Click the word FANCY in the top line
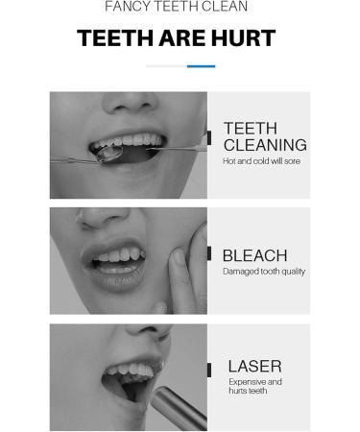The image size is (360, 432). pos(127,7)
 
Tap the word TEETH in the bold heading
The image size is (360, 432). pos(113,38)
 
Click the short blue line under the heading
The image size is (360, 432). pos(201,66)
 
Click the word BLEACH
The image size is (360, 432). pos(254,255)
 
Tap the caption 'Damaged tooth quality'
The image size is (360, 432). pos(264,272)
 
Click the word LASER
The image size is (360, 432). pos(254,366)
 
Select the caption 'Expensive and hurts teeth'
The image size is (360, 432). pos(255,386)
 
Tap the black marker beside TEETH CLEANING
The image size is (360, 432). pos(208,137)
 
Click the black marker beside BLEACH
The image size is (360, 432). pos(208,255)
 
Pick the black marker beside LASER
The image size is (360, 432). pos(208,370)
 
